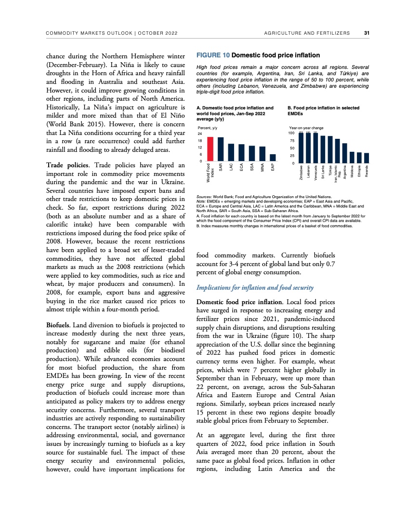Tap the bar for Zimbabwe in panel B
[x=301, y=148]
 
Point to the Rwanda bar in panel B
[x=367, y=158]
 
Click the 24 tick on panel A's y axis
[x=200, y=133]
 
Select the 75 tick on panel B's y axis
[x=290, y=140]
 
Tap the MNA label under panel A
[x=262, y=168]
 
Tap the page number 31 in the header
[x=366, y=33]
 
